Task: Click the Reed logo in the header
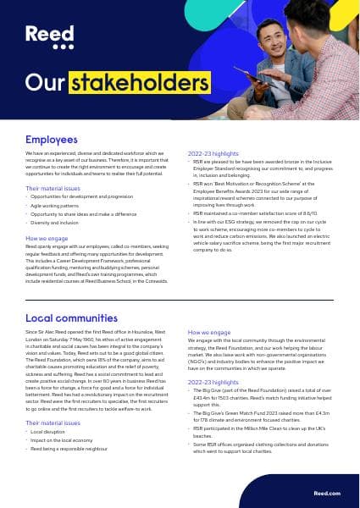pos(43,37)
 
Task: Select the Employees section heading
pos(52,139)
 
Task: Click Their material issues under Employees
pos(54,188)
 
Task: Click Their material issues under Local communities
pos(54,422)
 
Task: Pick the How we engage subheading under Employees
pos(47,239)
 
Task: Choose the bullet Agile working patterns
pos(58,205)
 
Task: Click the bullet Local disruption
pos(48,432)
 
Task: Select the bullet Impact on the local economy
pos(63,440)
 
